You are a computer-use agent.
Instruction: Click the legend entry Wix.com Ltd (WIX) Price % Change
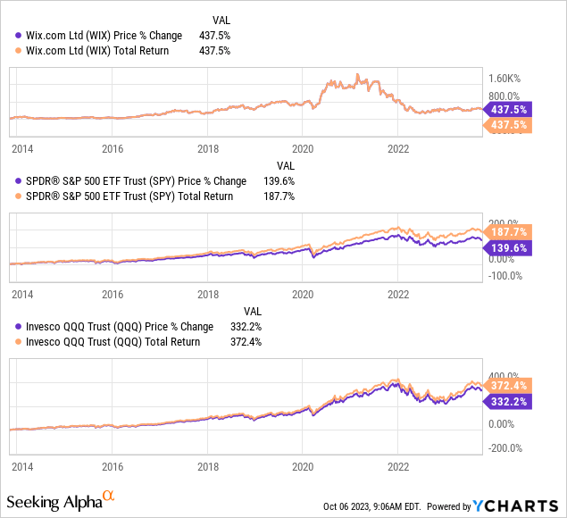tap(99, 36)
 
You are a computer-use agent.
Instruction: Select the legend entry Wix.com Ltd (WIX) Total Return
tap(93, 51)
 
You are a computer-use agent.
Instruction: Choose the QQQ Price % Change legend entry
tap(115, 326)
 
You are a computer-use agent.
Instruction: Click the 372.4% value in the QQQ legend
tap(244, 341)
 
